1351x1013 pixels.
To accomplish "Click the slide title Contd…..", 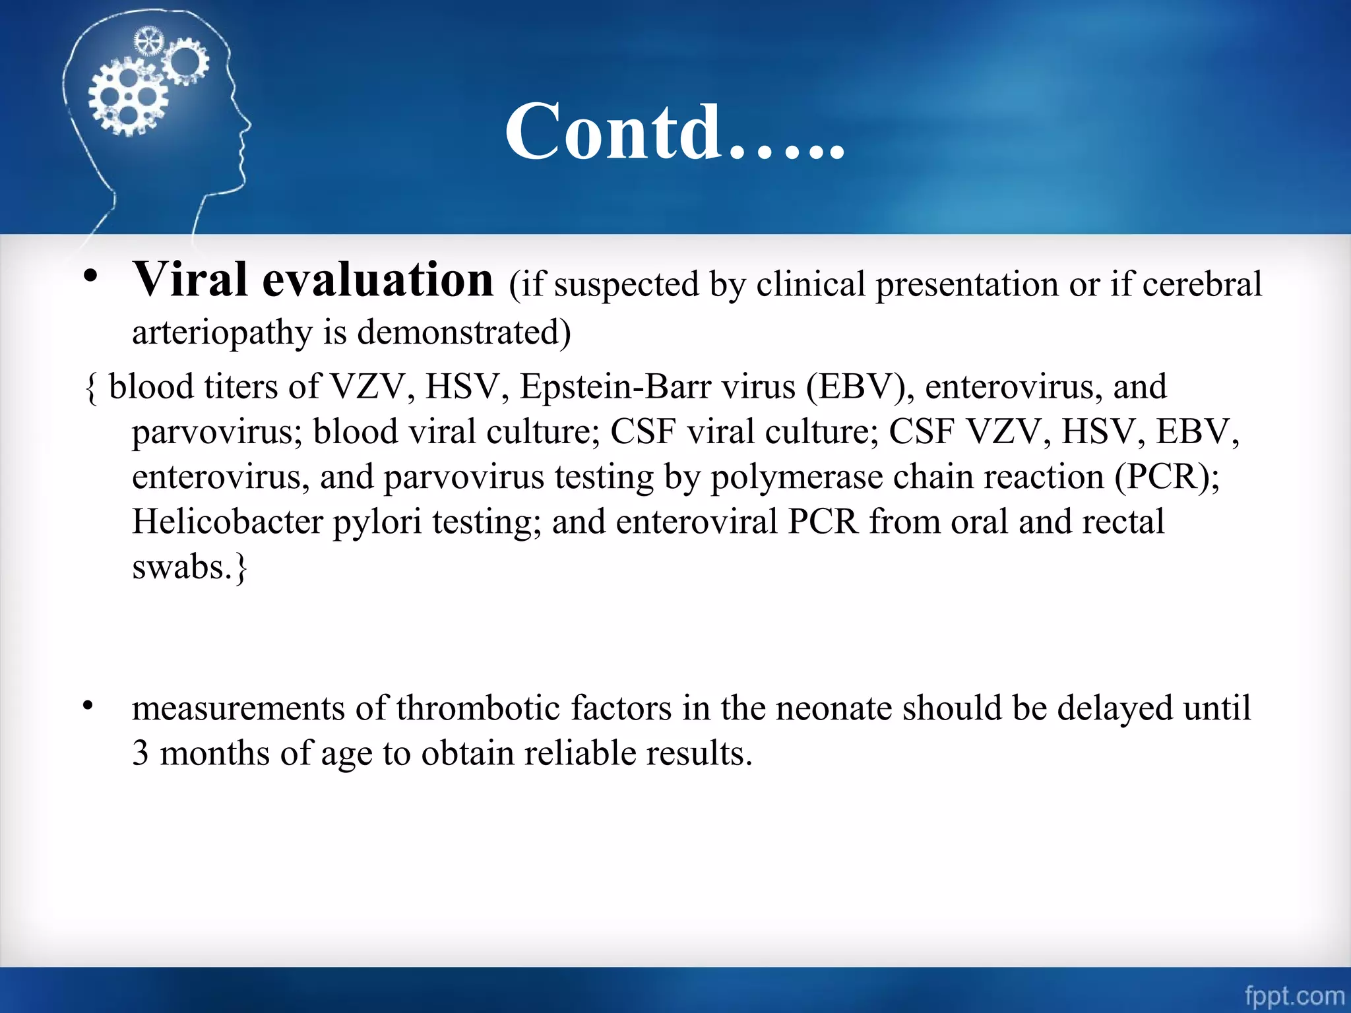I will [x=674, y=132].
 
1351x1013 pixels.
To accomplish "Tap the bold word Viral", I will [x=191, y=280].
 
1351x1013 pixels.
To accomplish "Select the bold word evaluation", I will [x=377, y=280].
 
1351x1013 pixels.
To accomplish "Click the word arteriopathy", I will [x=222, y=332].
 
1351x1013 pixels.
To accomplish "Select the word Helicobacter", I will [x=227, y=522].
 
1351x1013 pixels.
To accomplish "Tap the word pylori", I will [x=377, y=522].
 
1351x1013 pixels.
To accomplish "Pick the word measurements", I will [x=238, y=708].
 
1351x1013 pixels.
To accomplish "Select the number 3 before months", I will [x=140, y=753].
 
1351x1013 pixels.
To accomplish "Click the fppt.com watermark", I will [x=1294, y=995].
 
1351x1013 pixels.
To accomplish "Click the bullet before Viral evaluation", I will [x=90, y=276].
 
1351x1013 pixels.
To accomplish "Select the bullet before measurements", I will [x=88, y=706].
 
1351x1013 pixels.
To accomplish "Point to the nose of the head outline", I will [x=249, y=123].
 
